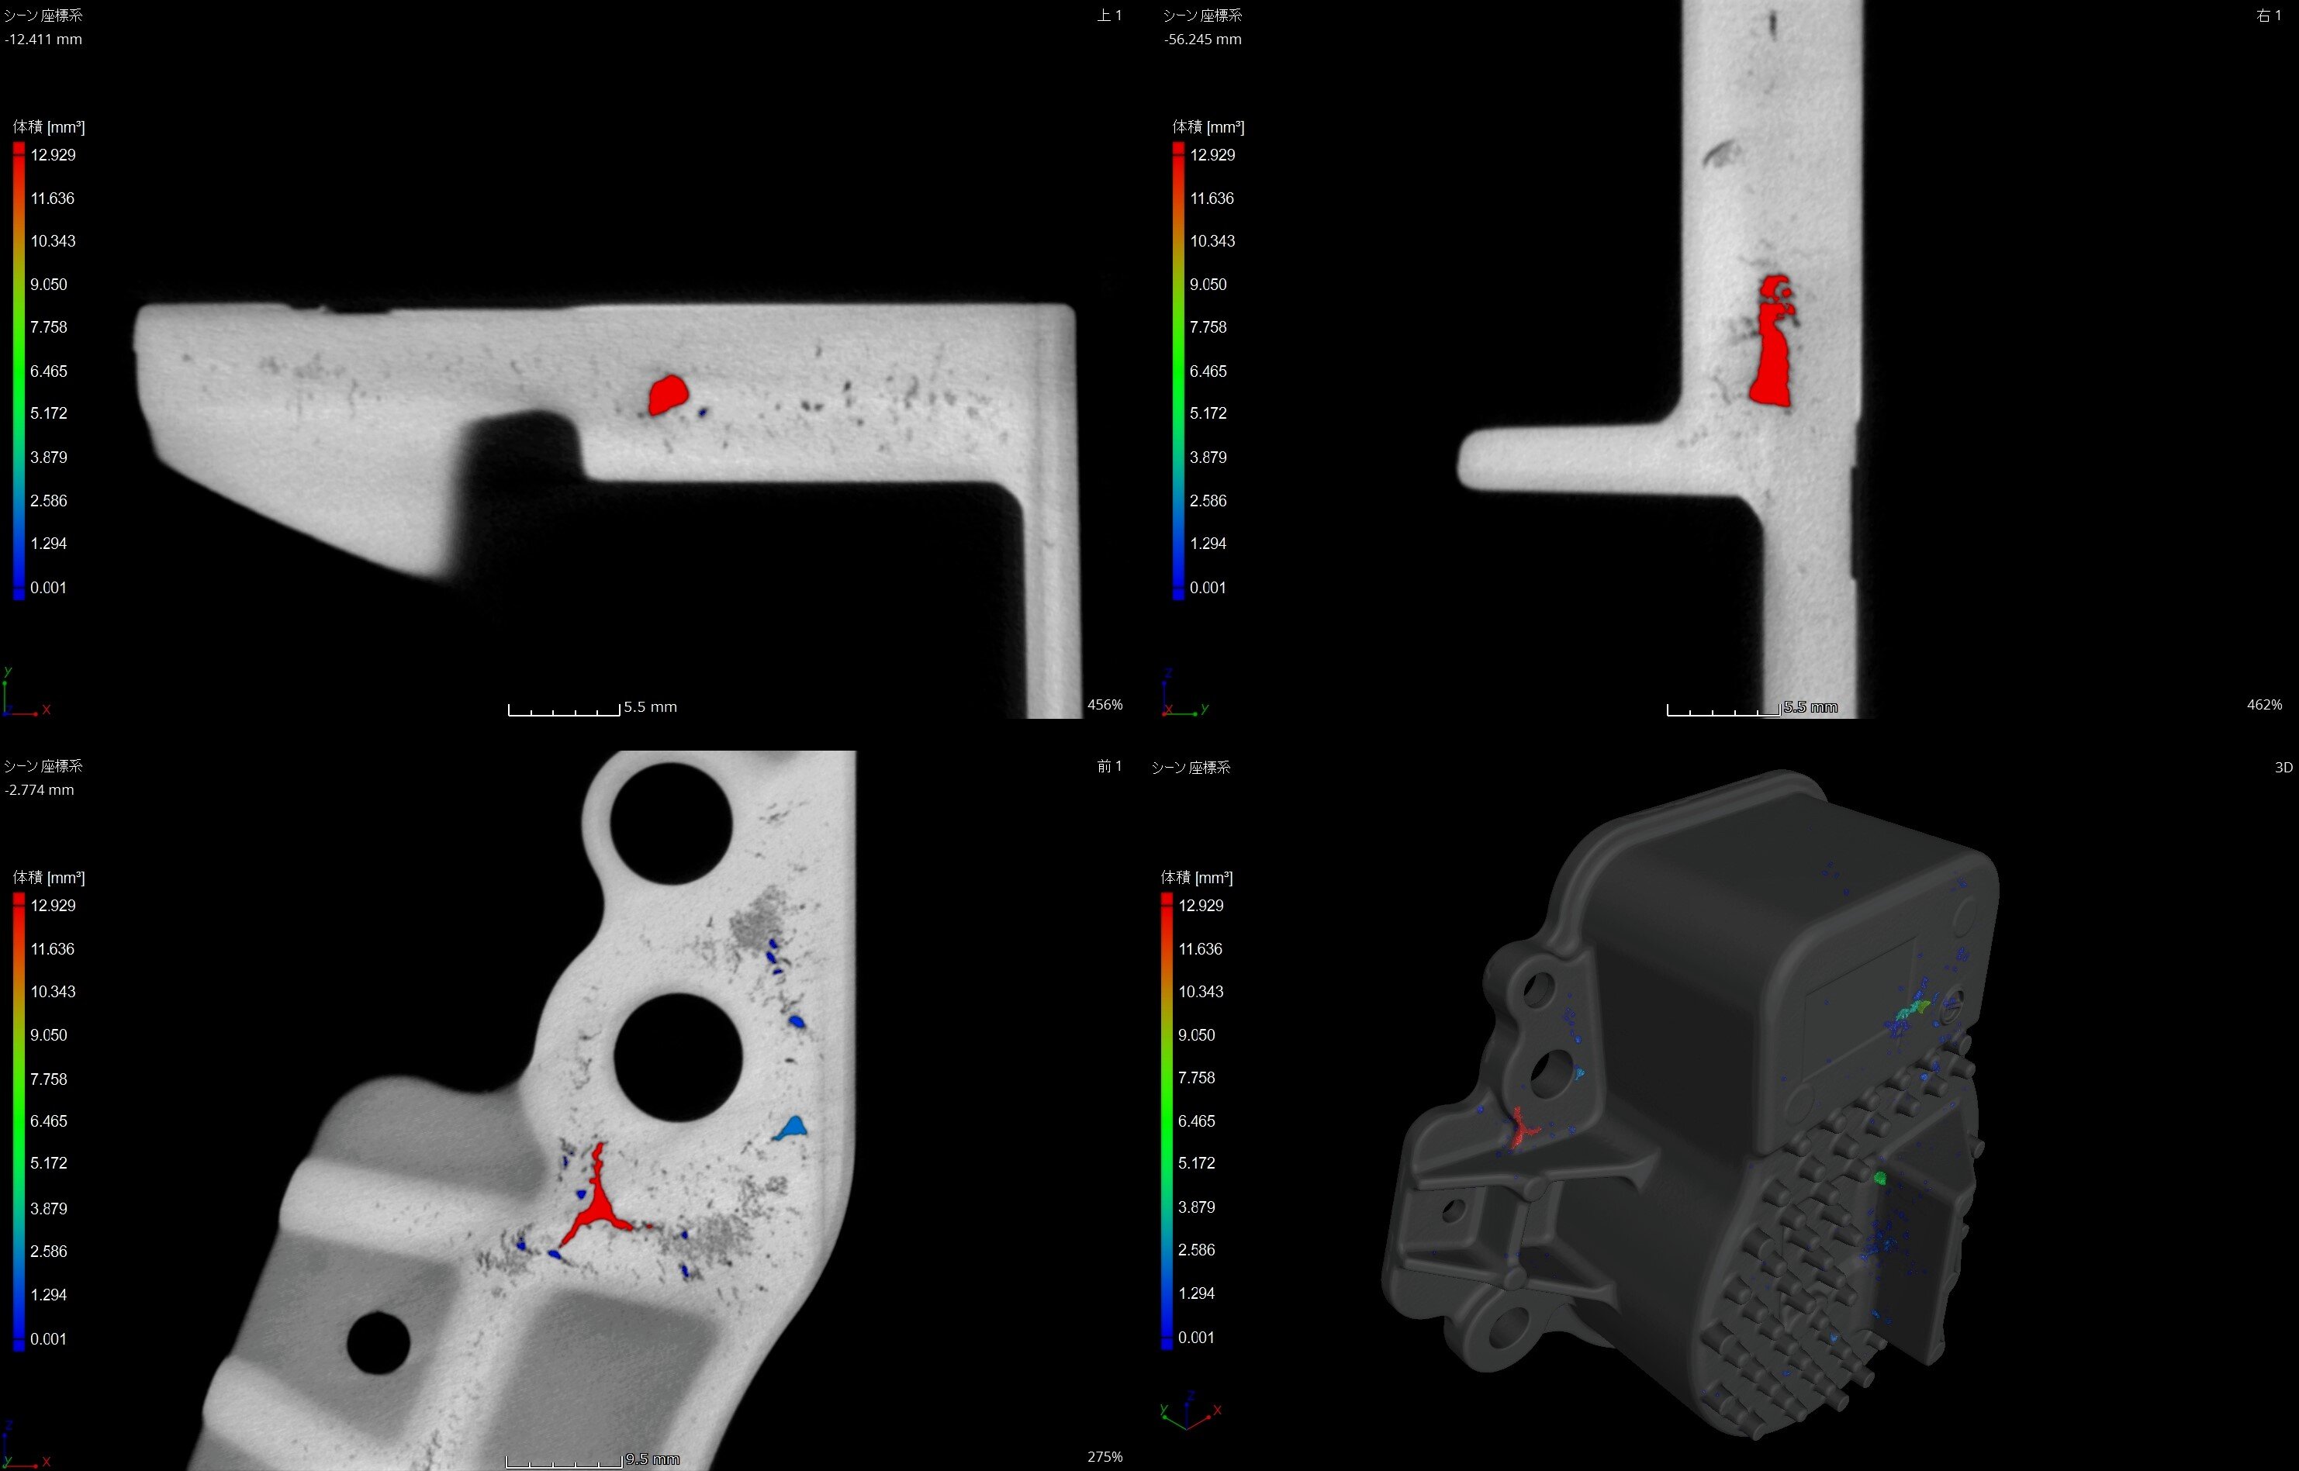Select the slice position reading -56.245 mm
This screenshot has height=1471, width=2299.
pos(1203,40)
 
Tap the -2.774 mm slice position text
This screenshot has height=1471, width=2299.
pos(40,790)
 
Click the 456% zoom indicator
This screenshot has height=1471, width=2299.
pos(1105,705)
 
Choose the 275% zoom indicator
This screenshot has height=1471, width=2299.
pos(1105,1457)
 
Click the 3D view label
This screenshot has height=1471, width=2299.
pos(2283,768)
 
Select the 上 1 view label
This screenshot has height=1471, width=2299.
pos(1109,16)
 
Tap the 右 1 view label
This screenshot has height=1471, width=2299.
pos(2269,16)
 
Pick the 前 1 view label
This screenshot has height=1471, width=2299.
pos(1109,766)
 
